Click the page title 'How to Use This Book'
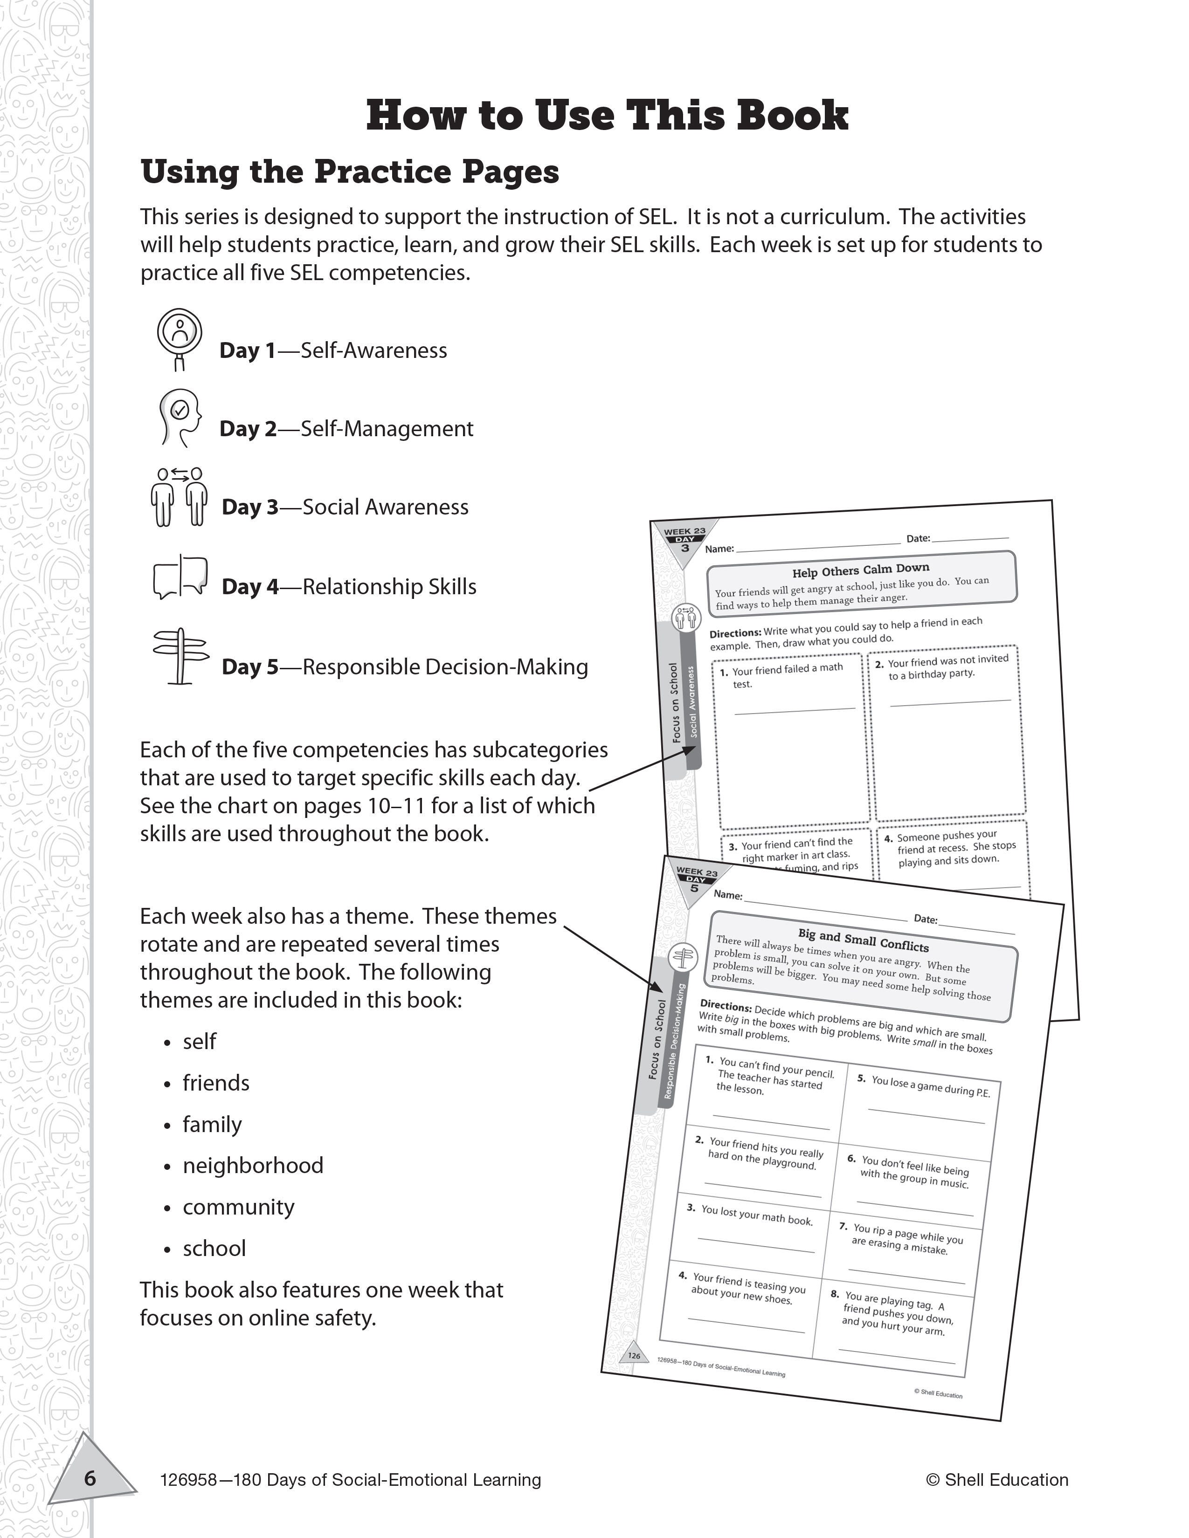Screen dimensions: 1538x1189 [607, 116]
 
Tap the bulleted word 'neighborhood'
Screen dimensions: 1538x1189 [253, 1166]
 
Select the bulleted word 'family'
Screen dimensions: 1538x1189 [212, 1124]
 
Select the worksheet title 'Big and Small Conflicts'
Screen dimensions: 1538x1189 [863, 940]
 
